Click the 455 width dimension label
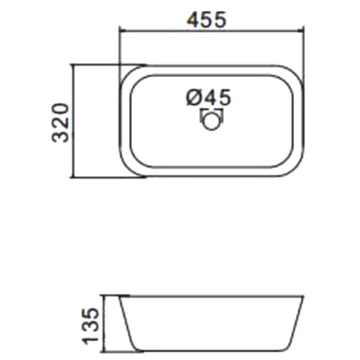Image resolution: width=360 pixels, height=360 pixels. (206, 19)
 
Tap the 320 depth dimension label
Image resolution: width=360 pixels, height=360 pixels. (61, 123)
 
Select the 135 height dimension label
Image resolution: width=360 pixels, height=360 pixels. (90, 326)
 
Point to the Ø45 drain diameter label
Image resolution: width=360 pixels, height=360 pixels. (208, 97)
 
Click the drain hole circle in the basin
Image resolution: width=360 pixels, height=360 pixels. (212, 121)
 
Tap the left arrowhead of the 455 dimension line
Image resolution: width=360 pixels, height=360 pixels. (120, 31)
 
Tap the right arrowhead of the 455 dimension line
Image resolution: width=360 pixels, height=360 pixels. (303, 31)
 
